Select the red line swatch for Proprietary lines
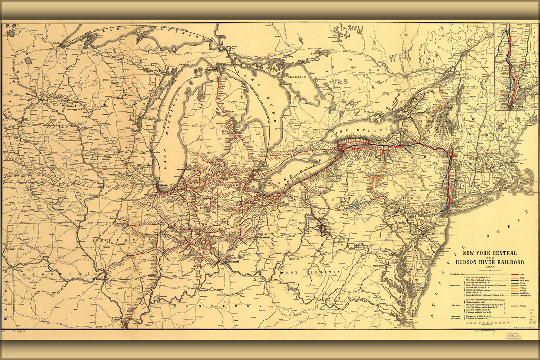(515, 274)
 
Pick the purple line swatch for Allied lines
(515, 305)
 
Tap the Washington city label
(379, 266)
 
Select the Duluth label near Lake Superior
(55, 43)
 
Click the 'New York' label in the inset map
(517, 107)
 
